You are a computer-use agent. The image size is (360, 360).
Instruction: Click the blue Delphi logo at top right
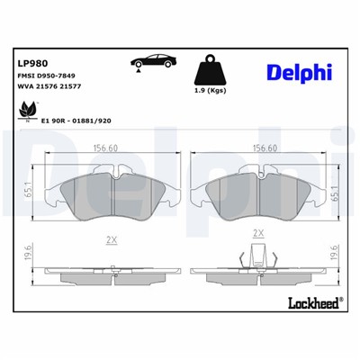click(299, 71)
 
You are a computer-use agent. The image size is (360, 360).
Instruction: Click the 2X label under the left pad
click(112, 241)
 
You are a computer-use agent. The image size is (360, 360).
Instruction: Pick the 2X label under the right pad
click(259, 233)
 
